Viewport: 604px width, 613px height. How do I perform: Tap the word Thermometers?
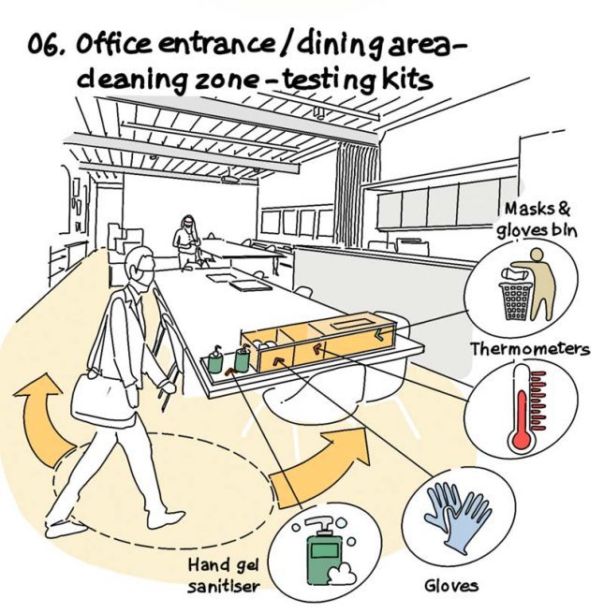coord(530,349)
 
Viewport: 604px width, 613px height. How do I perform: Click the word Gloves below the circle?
coord(451,586)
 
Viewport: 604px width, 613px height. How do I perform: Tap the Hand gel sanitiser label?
coord(224,577)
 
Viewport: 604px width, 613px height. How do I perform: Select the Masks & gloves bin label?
coord(538,220)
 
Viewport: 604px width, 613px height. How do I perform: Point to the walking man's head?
coord(140,270)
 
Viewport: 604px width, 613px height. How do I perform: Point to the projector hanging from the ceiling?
coord(230,178)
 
